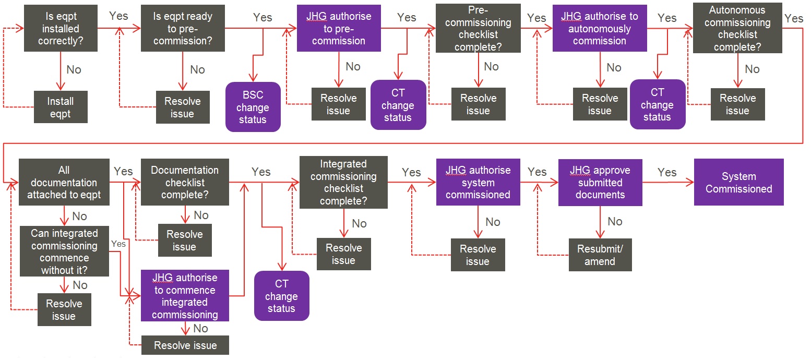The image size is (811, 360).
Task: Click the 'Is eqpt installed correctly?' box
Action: [61, 29]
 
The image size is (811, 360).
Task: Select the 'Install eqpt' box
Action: [61, 107]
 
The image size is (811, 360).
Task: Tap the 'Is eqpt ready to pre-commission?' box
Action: [183, 29]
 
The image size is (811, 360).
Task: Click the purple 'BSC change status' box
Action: [253, 107]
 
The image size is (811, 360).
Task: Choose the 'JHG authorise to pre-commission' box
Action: [339, 29]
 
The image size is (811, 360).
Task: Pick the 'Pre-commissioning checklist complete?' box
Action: [478, 29]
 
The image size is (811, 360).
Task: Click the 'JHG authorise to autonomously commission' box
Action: [600, 29]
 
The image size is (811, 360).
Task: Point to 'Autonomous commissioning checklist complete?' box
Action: [737, 29]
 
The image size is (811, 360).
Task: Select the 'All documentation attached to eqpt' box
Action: [64, 183]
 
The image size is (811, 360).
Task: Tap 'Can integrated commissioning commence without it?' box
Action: [64, 251]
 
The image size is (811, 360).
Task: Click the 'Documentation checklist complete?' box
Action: [185, 183]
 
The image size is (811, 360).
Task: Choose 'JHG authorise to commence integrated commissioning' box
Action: [185, 296]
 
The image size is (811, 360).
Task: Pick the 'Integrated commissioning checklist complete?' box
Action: [343, 183]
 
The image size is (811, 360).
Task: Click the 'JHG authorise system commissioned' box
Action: [478, 183]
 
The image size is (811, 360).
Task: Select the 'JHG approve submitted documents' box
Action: [600, 183]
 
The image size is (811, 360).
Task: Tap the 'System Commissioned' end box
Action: [738, 183]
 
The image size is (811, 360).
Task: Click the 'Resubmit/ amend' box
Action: [600, 255]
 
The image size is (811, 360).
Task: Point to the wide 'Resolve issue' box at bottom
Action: [185, 345]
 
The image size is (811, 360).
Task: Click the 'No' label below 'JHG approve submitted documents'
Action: [615, 222]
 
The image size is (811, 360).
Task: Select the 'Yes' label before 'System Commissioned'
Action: [667, 172]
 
